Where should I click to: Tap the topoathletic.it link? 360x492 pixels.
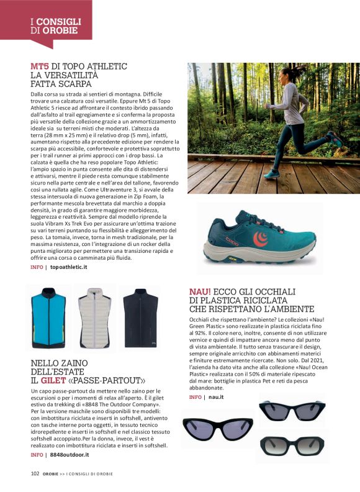tap(68, 266)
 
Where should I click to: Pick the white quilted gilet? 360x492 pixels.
tap(94, 318)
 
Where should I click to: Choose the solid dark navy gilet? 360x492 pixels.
tap(139, 318)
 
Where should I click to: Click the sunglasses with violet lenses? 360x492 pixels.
tap(217, 428)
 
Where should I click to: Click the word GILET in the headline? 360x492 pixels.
tap(58, 380)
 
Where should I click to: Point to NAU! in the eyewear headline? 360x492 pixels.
tap(200, 291)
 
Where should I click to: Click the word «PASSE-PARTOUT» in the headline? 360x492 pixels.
tap(111, 380)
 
